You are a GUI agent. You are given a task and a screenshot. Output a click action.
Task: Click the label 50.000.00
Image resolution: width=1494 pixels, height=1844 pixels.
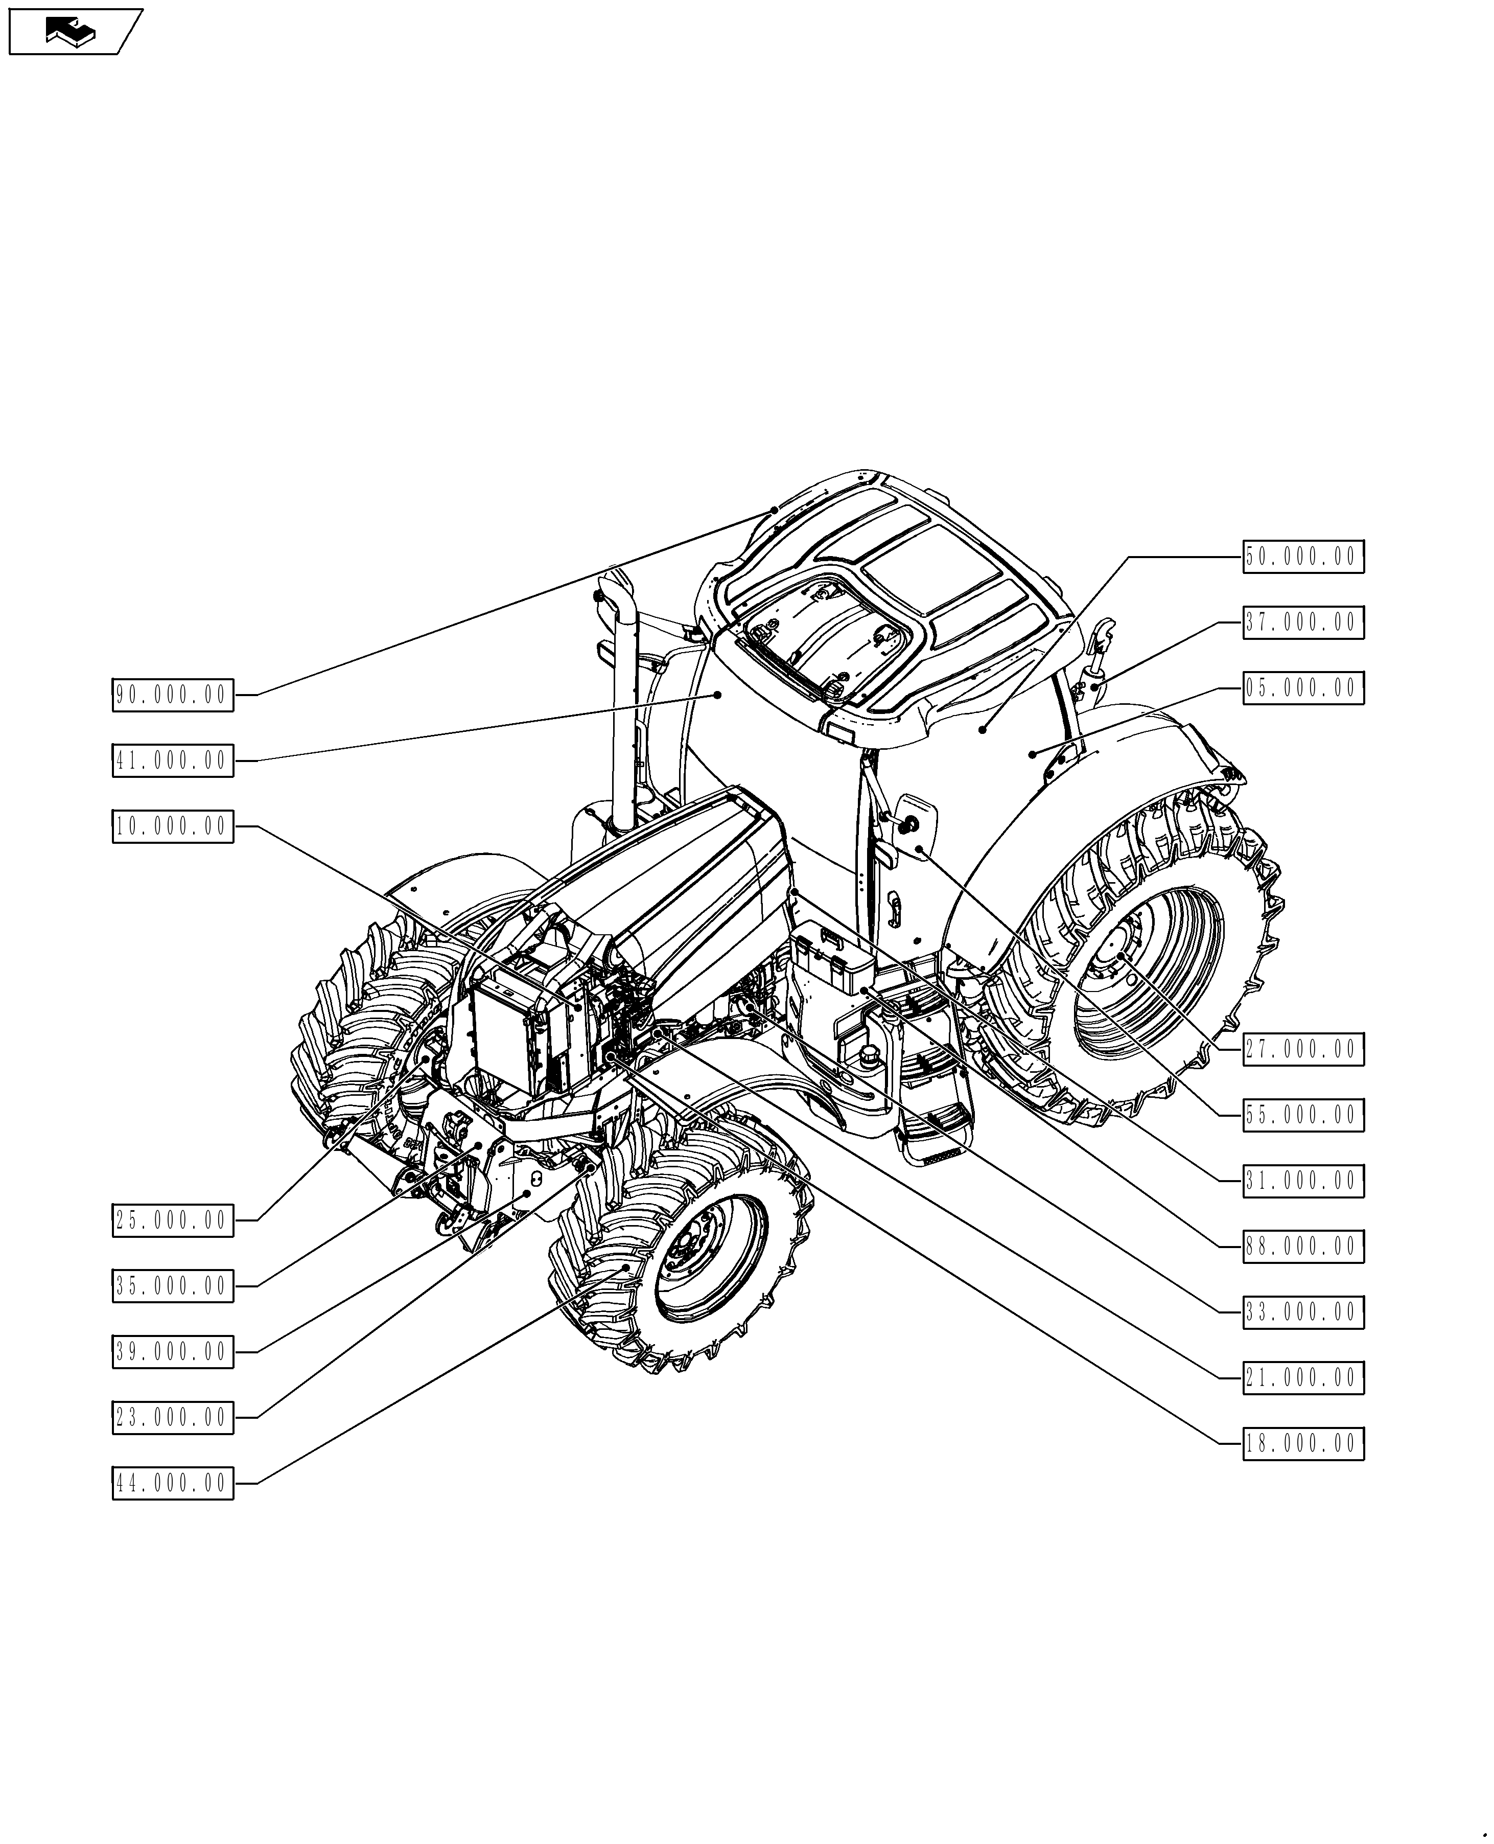tap(1303, 557)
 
